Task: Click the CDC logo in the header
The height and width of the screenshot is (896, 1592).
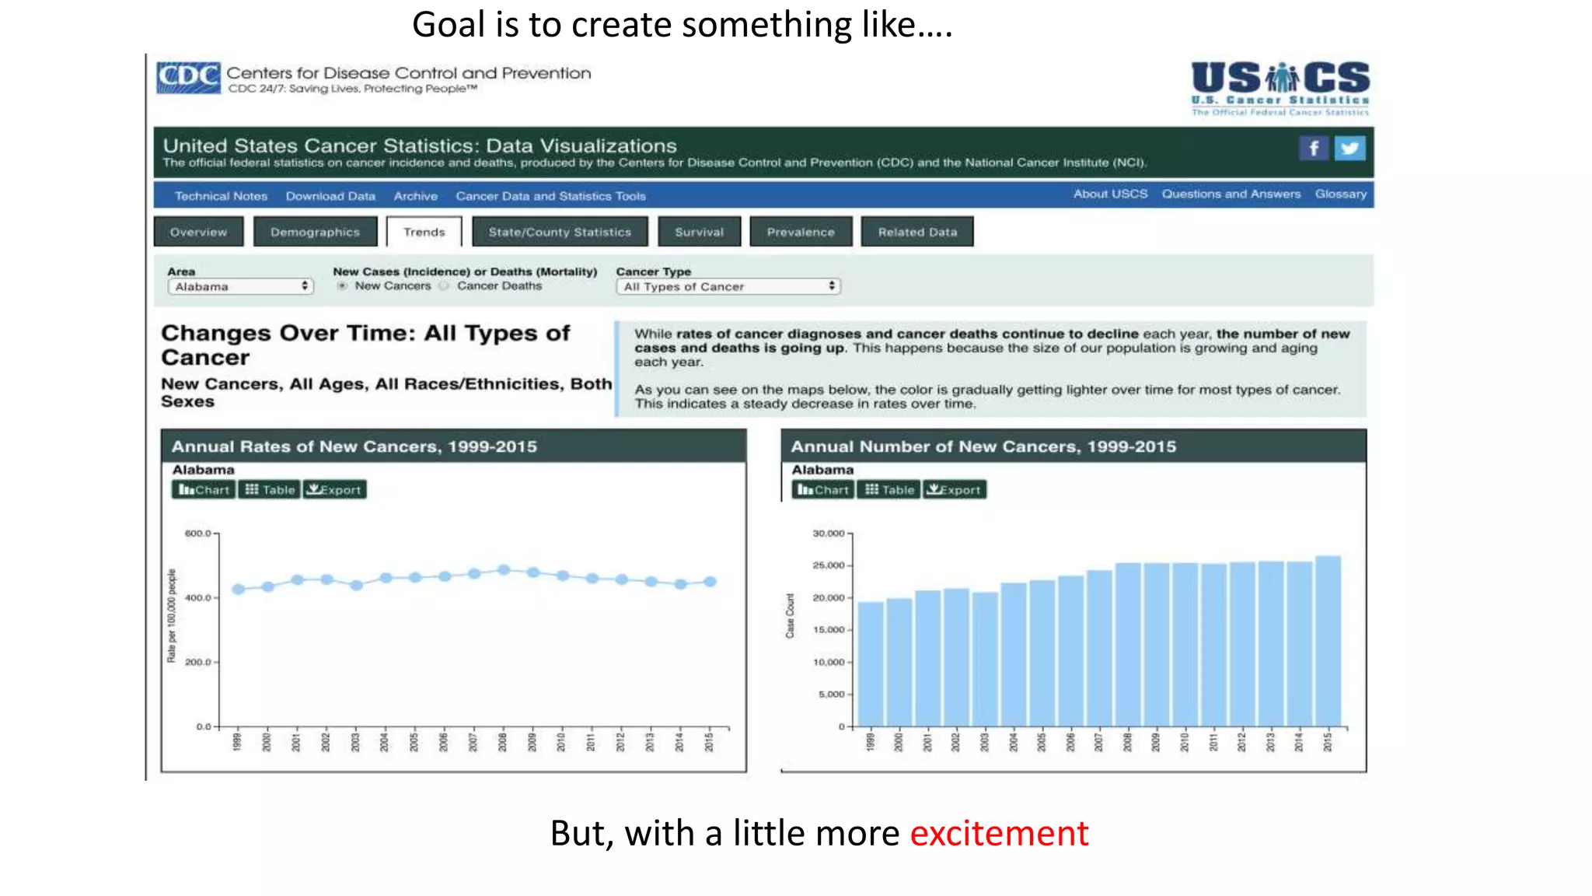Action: pyautogui.click(x=188, y=78)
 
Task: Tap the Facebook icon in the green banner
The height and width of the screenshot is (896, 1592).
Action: pyautogui.click(x=1313, y=148)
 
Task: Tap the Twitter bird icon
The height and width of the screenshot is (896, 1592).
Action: pyautogui.click(x=1349, y=148)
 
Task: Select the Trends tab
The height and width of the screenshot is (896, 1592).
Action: pyautogui.click(x=424, y=232)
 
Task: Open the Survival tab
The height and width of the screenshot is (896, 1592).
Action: pyautogui.click(x=699, y=232)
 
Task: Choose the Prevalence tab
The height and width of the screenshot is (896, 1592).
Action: pyautogui.click(x=800, y=232)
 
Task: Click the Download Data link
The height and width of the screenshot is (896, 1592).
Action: pyautogui.click(x=330, y=196)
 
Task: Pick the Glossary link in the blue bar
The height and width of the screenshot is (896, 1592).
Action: pyautogui.click(x=1340, y=194)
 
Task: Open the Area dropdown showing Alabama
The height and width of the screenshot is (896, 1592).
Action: pyautogui.click(x=240, y=286)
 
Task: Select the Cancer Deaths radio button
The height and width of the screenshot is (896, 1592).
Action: pyautogui.click(x=444, y=286)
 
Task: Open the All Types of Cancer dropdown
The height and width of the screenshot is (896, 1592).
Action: pyautogui.click(x=728, y=286)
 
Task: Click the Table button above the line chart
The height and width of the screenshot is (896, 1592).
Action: pyautogui.click(x=269, y=489)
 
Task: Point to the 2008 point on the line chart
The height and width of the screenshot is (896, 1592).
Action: pyautogui.click(x=504, y=570)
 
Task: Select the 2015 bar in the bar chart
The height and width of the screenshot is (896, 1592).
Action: pyautogui.click(x=1328, y=642)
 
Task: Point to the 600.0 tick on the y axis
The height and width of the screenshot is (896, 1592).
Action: pyautogui.click(x=198, y=534)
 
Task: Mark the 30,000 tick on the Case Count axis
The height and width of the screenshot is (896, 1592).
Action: pyautogui.click(x=829, y=534)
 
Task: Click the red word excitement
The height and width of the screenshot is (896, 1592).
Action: pyautogui.click(x=999, y=833)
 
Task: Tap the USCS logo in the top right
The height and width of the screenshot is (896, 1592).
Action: pyautogui.click(x=1280, y=87)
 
